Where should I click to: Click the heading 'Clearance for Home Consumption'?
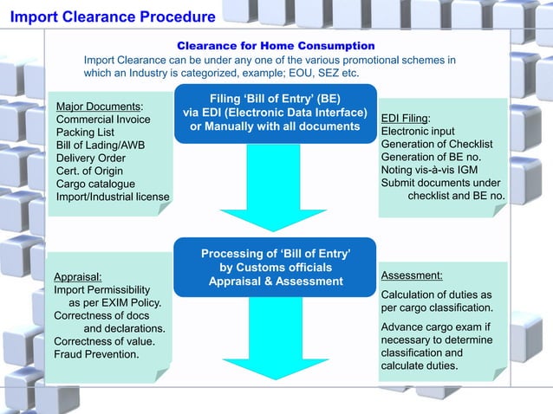pyautogui.click(x=276, y=45)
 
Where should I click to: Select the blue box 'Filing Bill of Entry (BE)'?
pyautogui.click(x=275, y=113)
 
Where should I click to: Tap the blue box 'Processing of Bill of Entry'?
pyautogui.click(x=276, y=267)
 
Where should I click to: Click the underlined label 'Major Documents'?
pyautogui.click(x=99, y=106)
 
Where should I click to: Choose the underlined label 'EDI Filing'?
pyautogui.click(x=407, y=118)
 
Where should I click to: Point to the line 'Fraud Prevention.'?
pyautogui.click(x=96, y=354)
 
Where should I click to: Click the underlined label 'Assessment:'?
pyautogui.click(x=412, y=275)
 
